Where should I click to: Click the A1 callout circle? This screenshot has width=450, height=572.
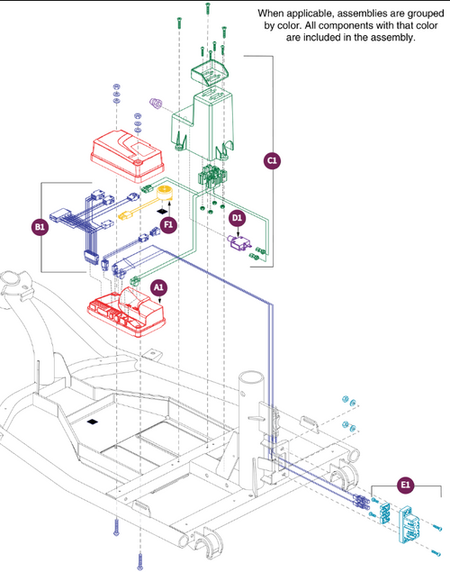pos(158,288)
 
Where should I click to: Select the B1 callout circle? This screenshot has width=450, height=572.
pos(40,227)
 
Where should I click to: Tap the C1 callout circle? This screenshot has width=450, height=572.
pos(272,160)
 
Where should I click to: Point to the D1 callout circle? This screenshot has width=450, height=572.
pos(238,218)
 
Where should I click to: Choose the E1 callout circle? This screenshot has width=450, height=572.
pos(406,485)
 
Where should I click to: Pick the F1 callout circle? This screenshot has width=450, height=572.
pos(168,224)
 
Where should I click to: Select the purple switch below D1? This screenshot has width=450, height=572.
pos(238,242)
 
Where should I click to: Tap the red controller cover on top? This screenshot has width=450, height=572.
pos(127,156)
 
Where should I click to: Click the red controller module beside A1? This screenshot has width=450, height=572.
pos(126,312)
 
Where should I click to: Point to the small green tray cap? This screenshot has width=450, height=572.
pos(210,74)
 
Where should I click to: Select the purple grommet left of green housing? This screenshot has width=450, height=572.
pos(157,104)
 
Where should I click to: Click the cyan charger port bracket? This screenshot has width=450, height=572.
pos(409,522)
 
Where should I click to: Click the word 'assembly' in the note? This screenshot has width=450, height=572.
pos(396,37)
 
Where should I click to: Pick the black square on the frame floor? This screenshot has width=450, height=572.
pos(93,422)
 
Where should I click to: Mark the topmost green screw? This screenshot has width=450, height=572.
pos(208,8)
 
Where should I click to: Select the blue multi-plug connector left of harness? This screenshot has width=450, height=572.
pos(60,214)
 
